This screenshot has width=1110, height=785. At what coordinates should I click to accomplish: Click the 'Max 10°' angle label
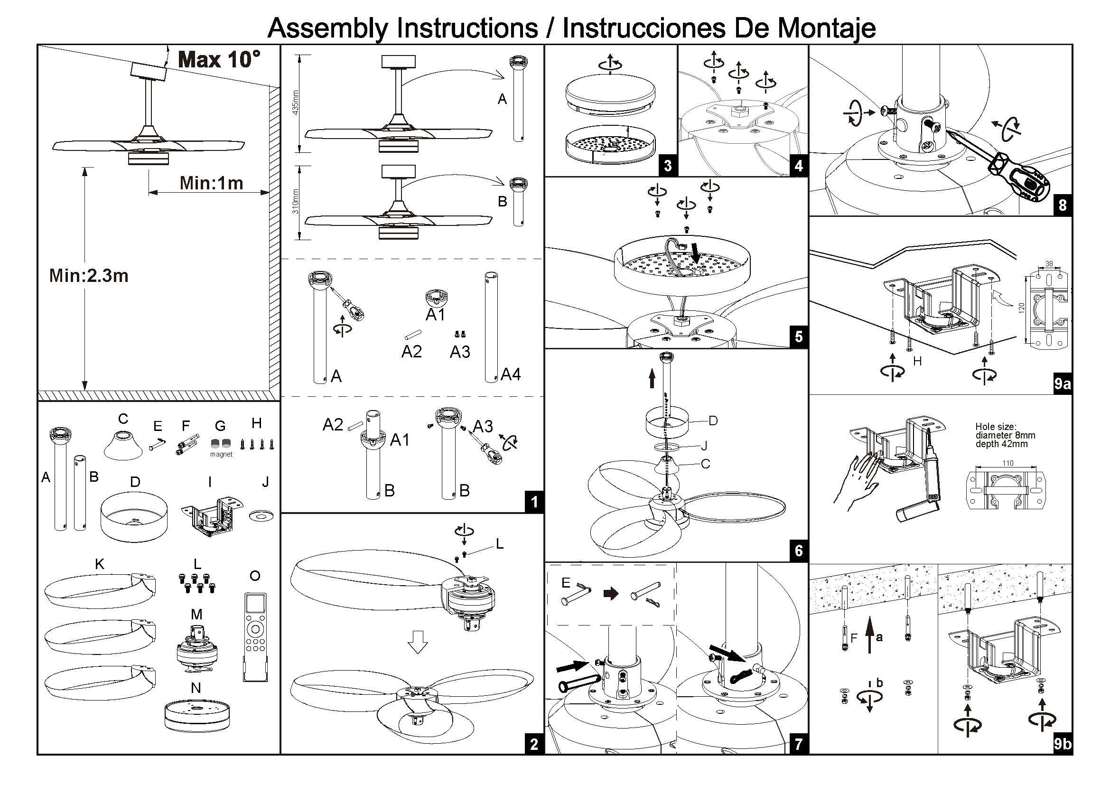[219, 60]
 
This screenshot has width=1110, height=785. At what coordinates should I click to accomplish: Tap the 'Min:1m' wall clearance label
[211, 183]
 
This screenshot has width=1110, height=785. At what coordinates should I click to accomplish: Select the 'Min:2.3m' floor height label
[89, 276]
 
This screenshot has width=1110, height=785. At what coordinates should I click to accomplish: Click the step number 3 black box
[668, 166]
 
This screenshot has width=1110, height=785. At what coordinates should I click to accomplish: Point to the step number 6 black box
[798, 551]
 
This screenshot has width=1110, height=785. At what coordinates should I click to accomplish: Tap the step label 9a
[1062, 384]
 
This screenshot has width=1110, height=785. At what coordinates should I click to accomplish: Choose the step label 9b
[1062, 744]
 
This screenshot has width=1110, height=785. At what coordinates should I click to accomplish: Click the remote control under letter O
[254, 637]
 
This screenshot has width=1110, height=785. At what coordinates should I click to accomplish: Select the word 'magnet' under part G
[222, 454]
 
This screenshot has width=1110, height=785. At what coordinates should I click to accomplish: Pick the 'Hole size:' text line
[996, 427]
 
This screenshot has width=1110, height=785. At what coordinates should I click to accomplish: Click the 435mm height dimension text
[296, 103]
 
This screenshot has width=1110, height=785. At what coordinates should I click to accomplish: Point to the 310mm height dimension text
[296, 201]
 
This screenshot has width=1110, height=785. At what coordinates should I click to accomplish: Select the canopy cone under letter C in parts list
[123, 444]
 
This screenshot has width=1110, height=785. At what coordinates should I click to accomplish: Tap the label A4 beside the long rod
[511, 374]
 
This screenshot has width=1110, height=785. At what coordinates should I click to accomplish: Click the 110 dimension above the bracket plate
[1008, 463]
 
